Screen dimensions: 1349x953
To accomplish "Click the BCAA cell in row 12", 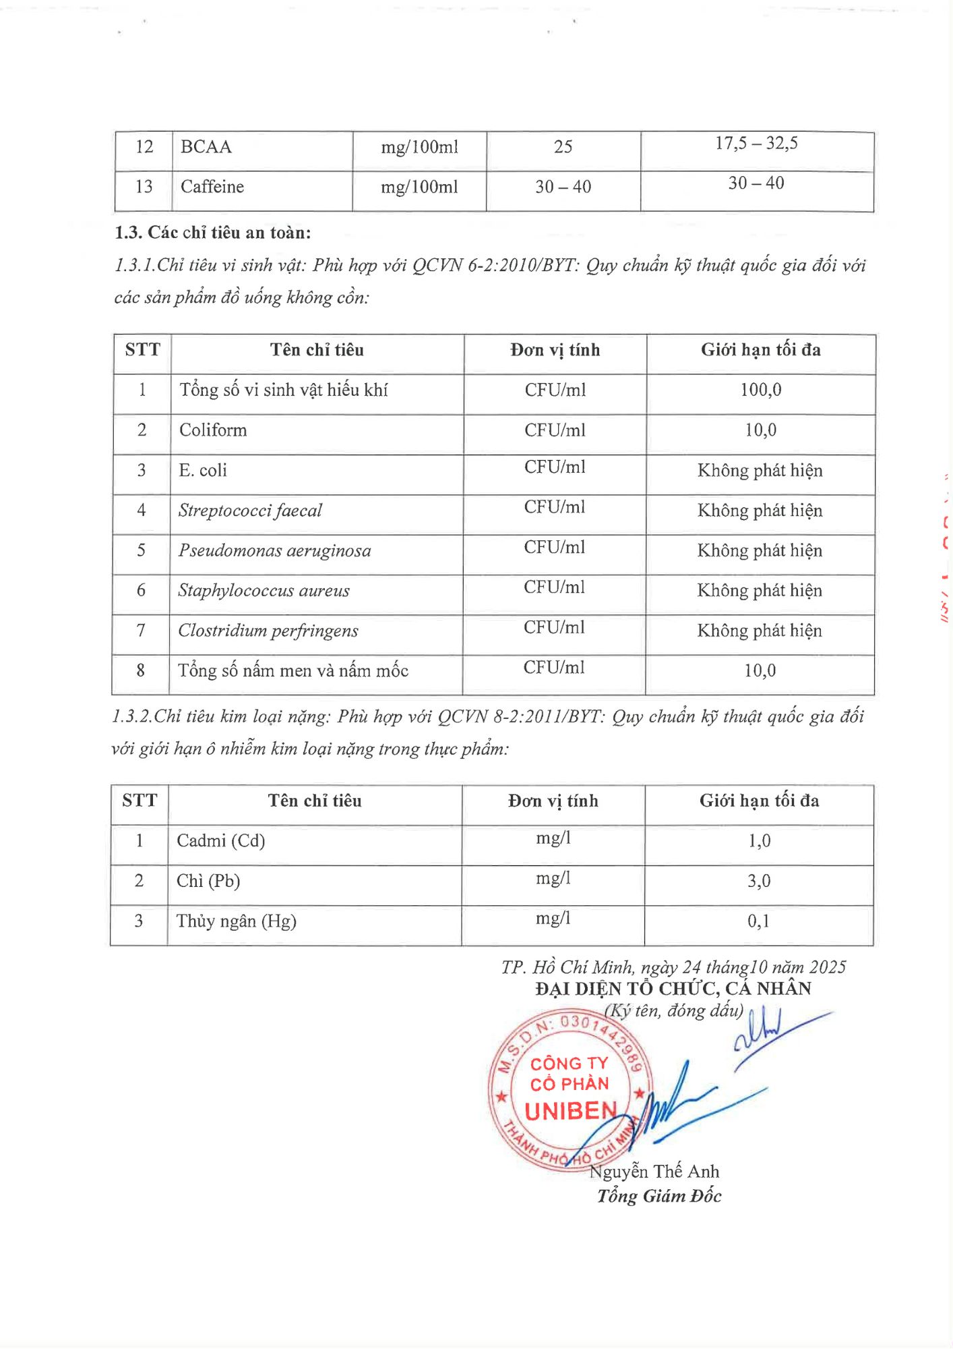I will click(x=206, y=147).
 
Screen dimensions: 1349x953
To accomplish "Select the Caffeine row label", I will click(x=212, y=187).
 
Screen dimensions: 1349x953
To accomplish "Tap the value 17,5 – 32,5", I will click(x=756, y=143).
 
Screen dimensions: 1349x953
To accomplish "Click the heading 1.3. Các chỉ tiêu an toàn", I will click(x=213, y=233).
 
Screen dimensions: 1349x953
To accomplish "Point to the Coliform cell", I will click(x=213, y=430).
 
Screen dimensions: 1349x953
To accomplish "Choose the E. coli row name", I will click(x=203, y=470).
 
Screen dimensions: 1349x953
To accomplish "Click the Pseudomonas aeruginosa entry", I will click(x=274, y=550).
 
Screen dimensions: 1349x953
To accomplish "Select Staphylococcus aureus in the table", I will click(x=264, y=591).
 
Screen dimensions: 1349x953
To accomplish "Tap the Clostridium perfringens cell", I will click(x=268, y=631).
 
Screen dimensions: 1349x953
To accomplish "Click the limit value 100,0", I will click(x=760, y=390).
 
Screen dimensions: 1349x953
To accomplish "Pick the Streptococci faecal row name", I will click(x=250, y=511).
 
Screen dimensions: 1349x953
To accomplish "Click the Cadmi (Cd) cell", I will click(x=220, y=840).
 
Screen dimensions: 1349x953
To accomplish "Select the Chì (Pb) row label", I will click(x=208, y=881).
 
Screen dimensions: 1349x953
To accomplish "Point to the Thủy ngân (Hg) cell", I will click(x=236, y=921).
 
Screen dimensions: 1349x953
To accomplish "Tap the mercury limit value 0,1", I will click(x=758, y=921).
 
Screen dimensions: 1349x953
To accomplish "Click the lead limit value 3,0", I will click(x=758, y=881).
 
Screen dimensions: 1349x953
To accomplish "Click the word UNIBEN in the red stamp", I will click(x=570, y=1111).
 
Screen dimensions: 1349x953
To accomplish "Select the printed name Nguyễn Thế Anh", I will click(x=654, y=1172).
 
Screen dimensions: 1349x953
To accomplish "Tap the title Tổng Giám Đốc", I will click(x=658, y=1197).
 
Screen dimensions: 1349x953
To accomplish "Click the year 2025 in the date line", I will click(x=827, y=967).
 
